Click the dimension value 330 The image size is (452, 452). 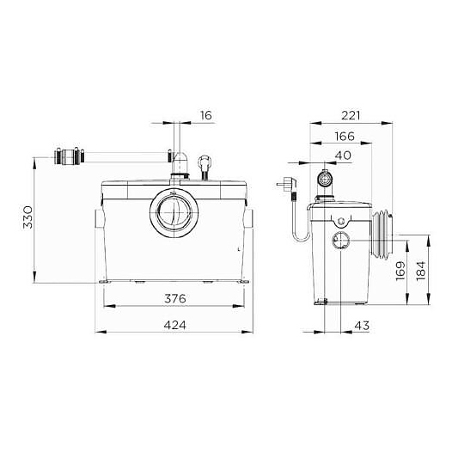(28, 217)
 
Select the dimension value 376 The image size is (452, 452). (175, 298)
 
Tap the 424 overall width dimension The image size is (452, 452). (175, 325)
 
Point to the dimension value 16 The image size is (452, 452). (206, 115)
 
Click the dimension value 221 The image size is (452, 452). (351, 115)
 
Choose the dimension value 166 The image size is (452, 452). (345, 136)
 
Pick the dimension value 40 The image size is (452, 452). (343, 155)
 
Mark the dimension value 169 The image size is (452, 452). (400, 271)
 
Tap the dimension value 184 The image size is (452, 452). (421, 271)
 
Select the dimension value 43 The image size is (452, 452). (362, 326)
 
